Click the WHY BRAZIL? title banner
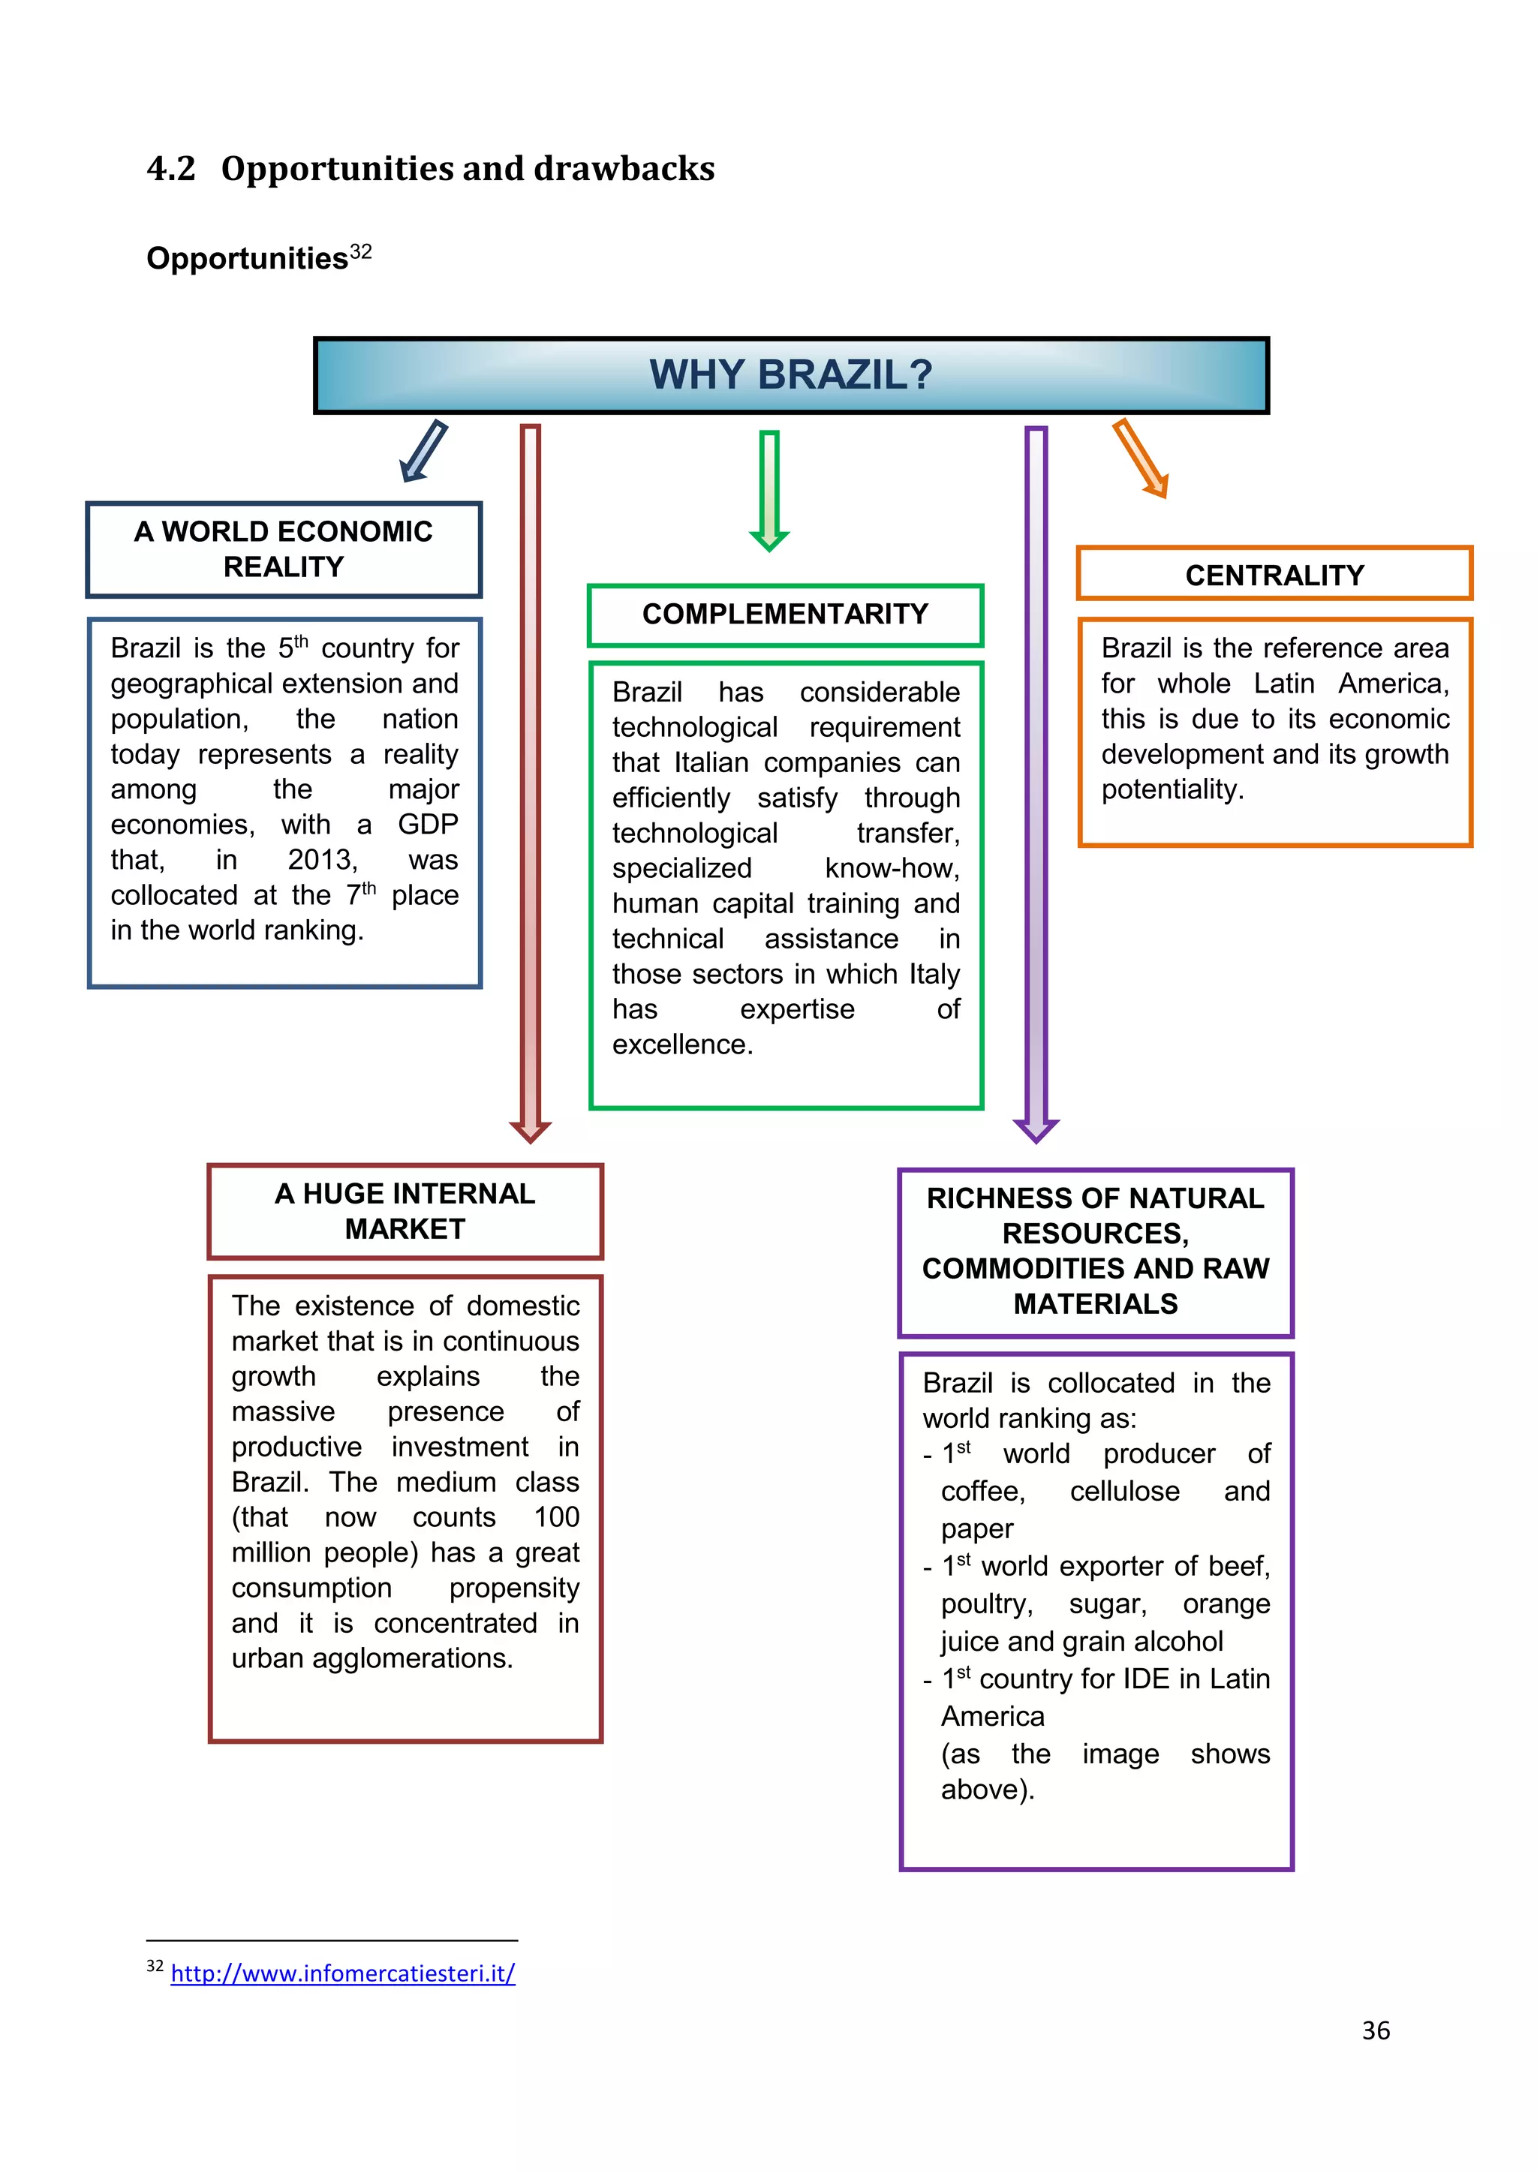pyautogui.click(x=791, y=374)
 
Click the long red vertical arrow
pyautogui.click(x=531, y=776)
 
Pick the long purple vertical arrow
pyautogui.click(x=1036, y=776)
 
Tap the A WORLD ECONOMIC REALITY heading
pyautogui.click(x=284, y=549)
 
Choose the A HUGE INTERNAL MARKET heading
pyautogui.click(x=405, y=1210)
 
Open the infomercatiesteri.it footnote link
pyautogui.click(x=343, y=1973)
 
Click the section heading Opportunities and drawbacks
pyautogui.click(x=468, y=169)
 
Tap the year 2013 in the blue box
pyautogui.click(x=322, y=859)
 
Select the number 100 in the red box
pyautogui.click(x=557, y=1517)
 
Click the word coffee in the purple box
pyautogui.click(x=982, y=1492)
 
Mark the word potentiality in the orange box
pyautogui.click(x=1171, y=789)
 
